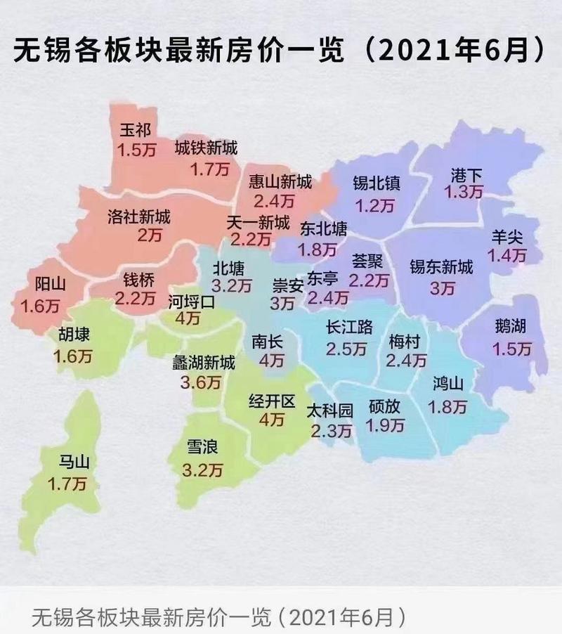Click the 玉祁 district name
tap(136, 131)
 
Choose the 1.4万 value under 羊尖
tap(509, 255)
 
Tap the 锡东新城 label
tap(441, 268)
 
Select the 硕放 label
tap(386, 406)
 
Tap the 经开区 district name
tap(272, 401)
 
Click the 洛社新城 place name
tap(139, 216)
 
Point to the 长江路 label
tap(350, 328)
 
